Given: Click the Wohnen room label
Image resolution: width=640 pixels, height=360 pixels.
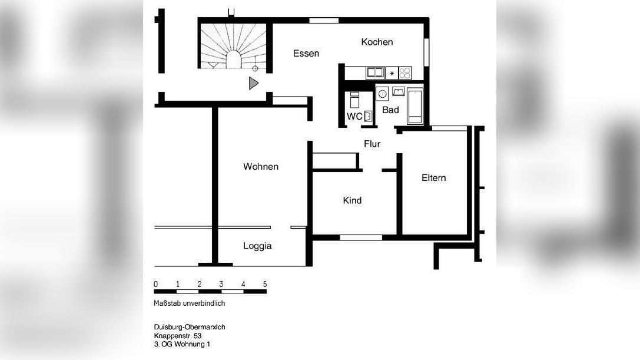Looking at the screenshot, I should (x=261, y=167).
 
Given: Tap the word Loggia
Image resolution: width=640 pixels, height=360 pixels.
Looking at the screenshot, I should (x=257, y=246).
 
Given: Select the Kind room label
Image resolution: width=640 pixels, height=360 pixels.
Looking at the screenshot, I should (x=352, y=201).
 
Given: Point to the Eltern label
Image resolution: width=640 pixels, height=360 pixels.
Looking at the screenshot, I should (x=433, y=178).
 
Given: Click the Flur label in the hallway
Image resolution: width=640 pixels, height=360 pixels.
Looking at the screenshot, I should (x=372, y=144).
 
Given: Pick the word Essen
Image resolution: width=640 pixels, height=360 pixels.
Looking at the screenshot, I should (x=306, y=54).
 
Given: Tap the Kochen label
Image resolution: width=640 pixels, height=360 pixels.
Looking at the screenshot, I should (x=377, y=42).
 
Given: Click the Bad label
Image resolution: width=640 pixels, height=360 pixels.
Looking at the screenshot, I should (x=390, y=110).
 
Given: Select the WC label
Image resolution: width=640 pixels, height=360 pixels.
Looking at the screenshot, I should (x=354, y=117).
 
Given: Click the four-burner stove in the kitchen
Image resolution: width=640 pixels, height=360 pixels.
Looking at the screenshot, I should (x=405, y=73).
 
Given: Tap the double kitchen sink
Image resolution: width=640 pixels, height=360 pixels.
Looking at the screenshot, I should (x=375, y=73).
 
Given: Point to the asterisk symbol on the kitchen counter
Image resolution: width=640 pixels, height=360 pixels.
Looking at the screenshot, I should (x=392, y=74).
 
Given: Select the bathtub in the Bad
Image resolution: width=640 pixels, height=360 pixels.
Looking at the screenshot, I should (x=415, y=106).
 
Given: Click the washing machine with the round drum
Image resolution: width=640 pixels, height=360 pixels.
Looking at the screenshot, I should (x=382, y=93).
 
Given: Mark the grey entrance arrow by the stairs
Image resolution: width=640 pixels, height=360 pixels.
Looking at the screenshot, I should (x=253, y=83).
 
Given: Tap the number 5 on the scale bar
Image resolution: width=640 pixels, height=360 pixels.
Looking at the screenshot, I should (x=265, y=284).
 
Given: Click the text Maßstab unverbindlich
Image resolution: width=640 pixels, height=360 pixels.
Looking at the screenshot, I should (x=189, y=304).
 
